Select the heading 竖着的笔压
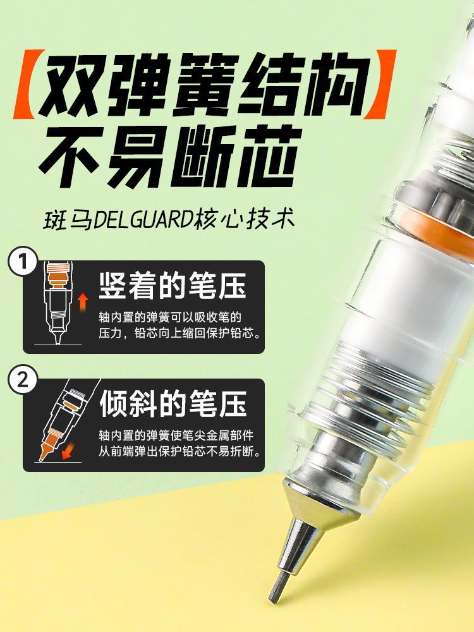(173, 286)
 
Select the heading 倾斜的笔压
(173, 404)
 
